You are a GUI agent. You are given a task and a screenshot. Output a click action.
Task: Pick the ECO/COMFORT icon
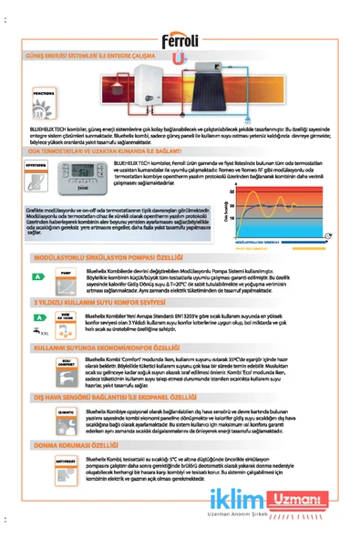[64, 361]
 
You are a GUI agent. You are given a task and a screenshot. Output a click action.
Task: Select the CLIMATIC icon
[64, 412]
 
